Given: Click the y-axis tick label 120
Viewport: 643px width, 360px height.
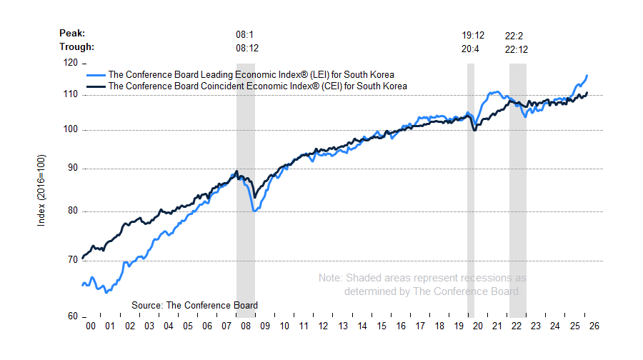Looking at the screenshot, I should pyautogui.click(x=70, y=63).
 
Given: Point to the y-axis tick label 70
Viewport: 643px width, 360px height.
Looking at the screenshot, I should pyautogui.click(x=72, y=260).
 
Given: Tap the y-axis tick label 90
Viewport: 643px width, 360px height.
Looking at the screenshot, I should pyautogui.click(x=72, y=169).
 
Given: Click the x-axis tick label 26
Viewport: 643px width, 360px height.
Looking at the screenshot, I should pyautogui.click(x=594, y=326).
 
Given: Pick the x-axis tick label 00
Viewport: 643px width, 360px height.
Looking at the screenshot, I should pyautogui.click(x=91, y=326).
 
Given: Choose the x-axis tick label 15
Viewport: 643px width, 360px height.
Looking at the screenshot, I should pyautogui.click(x=381, y=326).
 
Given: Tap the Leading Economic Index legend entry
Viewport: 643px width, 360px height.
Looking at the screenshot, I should pyautogui.click(x=250, y=74).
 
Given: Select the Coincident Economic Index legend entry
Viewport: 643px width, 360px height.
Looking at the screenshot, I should pyautogui.click(x=256, y=86).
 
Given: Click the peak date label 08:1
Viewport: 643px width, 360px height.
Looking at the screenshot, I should pyautogui.click(x=245, y=34).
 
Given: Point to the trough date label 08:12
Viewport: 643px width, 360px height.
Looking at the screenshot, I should pyautogui.click(x=246, y=48).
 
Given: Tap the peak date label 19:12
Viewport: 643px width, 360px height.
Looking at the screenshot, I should pyautogui.click(x=473, y=34).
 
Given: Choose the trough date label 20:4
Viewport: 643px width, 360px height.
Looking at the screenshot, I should pyautogui.click(x=472, y=48).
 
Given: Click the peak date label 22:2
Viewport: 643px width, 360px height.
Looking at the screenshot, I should pyautogui.click(x=514, y=34).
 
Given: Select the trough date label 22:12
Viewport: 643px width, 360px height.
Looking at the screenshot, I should pyautogui.click(x=517, y=48).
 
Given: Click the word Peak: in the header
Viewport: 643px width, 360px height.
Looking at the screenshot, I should pyautogui.click(x=72, y=34).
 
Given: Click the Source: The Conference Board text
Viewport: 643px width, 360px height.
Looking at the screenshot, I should pyautogui.click(x=194, y=305).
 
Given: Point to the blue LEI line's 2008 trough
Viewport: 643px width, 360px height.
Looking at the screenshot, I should pyautogui.click(x=255, y=210).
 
